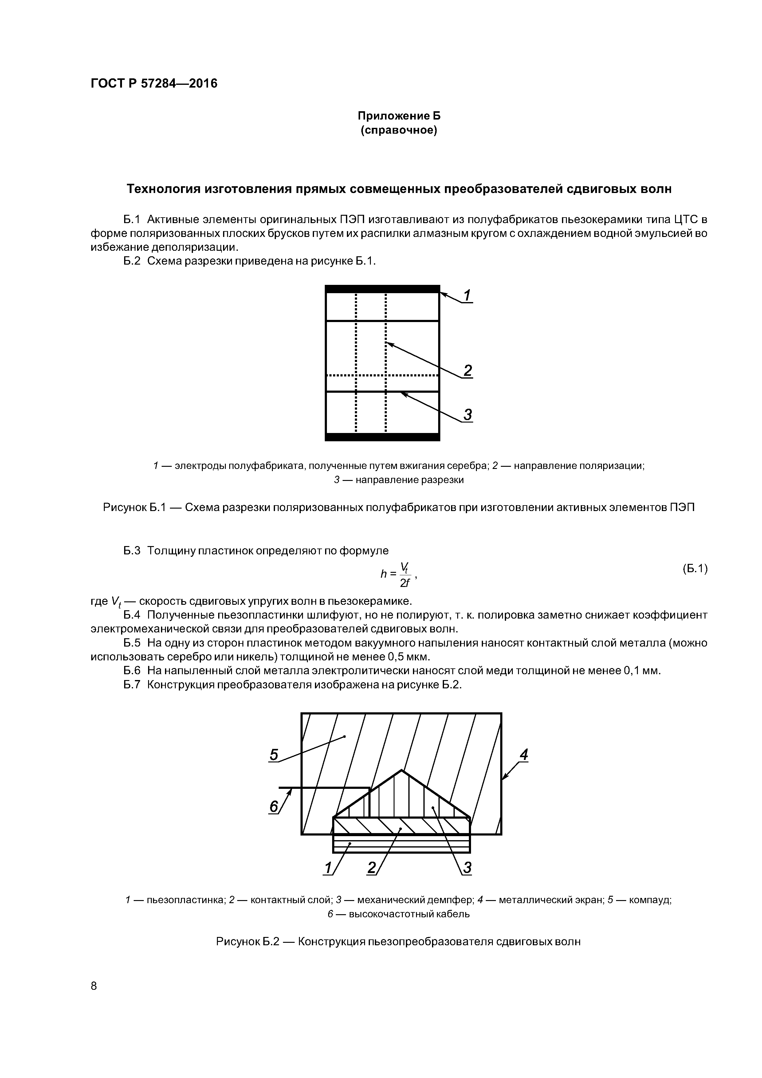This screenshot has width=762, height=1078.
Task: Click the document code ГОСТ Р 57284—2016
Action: [x=154, y=84]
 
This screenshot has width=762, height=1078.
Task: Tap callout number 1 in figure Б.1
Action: [x=467, y=296]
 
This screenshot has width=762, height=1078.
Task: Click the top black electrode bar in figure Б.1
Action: [x=382, y=289]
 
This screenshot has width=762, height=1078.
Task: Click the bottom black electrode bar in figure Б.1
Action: [x=382, y=437]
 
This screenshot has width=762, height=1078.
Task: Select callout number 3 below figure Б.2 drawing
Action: [x=467, y=868]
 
